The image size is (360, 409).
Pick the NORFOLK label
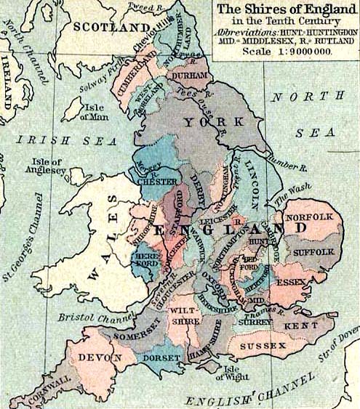308,217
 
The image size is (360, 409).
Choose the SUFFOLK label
313,251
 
